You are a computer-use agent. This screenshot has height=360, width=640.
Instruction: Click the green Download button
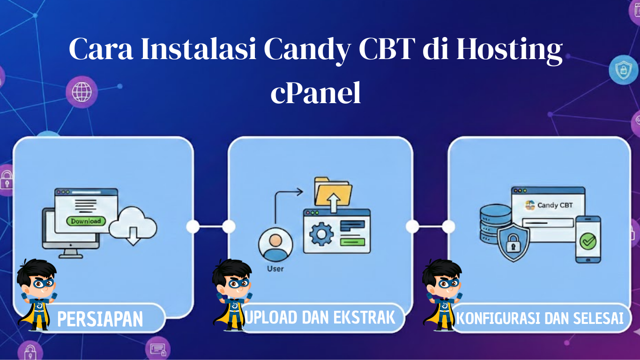pyautogui.click(x=86, y=221)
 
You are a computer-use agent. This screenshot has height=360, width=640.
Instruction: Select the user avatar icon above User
pyautogui.click(x=275, y=245)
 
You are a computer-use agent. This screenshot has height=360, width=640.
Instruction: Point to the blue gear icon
pyautogui.click(x=321, y=234)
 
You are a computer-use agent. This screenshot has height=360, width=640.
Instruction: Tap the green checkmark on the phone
pyautogui.click(x=588, y=241)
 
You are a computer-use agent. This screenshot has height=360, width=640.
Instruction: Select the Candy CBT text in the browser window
pyautogui.click(x=555, y=205)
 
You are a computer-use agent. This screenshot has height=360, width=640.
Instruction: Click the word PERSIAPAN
pyautogui.click(x=100, y=319)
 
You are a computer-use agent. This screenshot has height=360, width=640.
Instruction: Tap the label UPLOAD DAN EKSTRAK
pyautogui.click(x=320, y=317)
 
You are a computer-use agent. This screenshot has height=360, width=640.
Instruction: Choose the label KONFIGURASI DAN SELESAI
pyautogui.click(x=540, y=319)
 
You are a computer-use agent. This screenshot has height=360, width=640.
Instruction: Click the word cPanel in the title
pyautogui.click(x=316, y=93)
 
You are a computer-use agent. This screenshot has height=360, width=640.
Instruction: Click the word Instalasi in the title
pyautogui.click(x=198, y=48)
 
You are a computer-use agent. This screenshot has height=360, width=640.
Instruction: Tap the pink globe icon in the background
pyautogui.click(x=82, y=92)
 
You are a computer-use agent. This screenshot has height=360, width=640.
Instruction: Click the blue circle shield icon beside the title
pyautogui.click(x=623, y=70)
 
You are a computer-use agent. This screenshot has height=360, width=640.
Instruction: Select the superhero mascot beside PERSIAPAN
pyautogui.click(x=37, y=295)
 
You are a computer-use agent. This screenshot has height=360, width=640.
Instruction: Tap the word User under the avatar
pyautogui.click(x=275, y=269)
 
